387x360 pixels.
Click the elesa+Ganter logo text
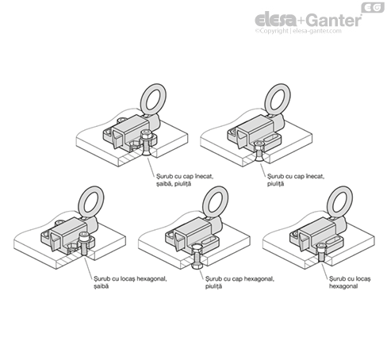pos(308,20)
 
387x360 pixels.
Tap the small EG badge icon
pos(373,8)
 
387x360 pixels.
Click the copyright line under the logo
pos(298,31)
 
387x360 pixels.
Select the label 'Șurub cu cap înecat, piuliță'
pos(296,180)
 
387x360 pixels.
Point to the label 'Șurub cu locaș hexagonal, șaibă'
pos(130,282)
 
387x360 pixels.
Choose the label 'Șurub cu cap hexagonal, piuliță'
pos(239,282)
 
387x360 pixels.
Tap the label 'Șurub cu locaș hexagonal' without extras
pos(350,282)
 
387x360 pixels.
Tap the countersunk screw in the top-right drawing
pos(259,151)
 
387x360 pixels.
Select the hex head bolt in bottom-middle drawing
pos(197,256)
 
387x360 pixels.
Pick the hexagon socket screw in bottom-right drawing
pos(321,252)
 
